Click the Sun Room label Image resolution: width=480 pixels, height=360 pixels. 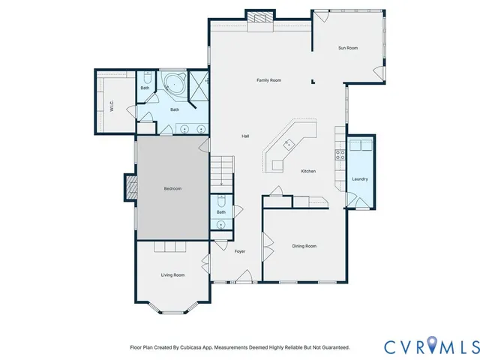pyautogui.click(x=347, y=48)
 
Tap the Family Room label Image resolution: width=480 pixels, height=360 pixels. pyautogui.click(x=268, y=80)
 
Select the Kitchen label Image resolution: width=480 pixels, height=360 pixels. pyautogui.click(x=308, y=171)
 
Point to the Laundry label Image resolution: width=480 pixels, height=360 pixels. pyautogui.click(x=359, y=178)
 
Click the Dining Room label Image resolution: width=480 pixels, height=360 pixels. pyautogui.click(x=304, y=246)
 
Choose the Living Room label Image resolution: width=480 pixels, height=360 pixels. pyautogui.click(x=172, y=275)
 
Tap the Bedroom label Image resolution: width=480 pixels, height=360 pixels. pyautogui.click(x=172, y=189)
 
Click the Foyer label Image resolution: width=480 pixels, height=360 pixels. pyautogui.click(x=240, y=251)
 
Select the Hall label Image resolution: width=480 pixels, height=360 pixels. pyautogui.click(x=245, y=136)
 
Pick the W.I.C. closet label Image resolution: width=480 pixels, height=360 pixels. pyautogui.click(x=111, y=106)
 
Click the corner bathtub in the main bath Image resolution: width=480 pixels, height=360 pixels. pyautogui.click(x=175, y=84)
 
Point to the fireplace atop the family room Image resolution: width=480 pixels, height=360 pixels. pyautogui.click(x=260, y=18)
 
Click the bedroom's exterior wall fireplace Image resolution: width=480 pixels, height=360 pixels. pyautogui.click(x=129, y=187)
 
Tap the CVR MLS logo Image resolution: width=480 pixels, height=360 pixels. pyautogui.click(x=430, y=346)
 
